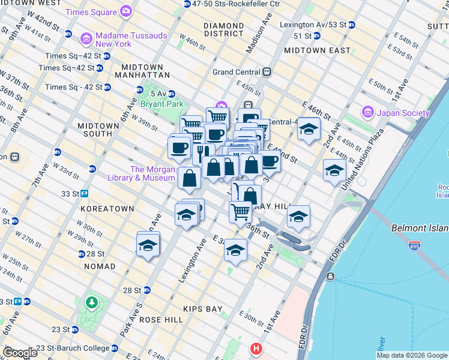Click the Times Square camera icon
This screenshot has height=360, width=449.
coord(126,11)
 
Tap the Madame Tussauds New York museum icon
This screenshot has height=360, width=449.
coord(86,40)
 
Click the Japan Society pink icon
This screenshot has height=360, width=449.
coord(367,112)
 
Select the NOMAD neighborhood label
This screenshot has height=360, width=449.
coord(100,266)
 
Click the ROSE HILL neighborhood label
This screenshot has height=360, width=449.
coord(161,320)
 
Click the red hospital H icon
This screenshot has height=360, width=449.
coord(257,348)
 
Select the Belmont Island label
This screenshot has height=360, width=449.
coord(420,228)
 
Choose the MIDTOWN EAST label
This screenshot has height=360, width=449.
coord(317,50)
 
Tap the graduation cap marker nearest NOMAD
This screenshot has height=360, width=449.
coord(148,245)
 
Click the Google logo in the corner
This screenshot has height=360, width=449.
coord(20,353)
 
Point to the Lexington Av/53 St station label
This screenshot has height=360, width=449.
coord(315,25)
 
